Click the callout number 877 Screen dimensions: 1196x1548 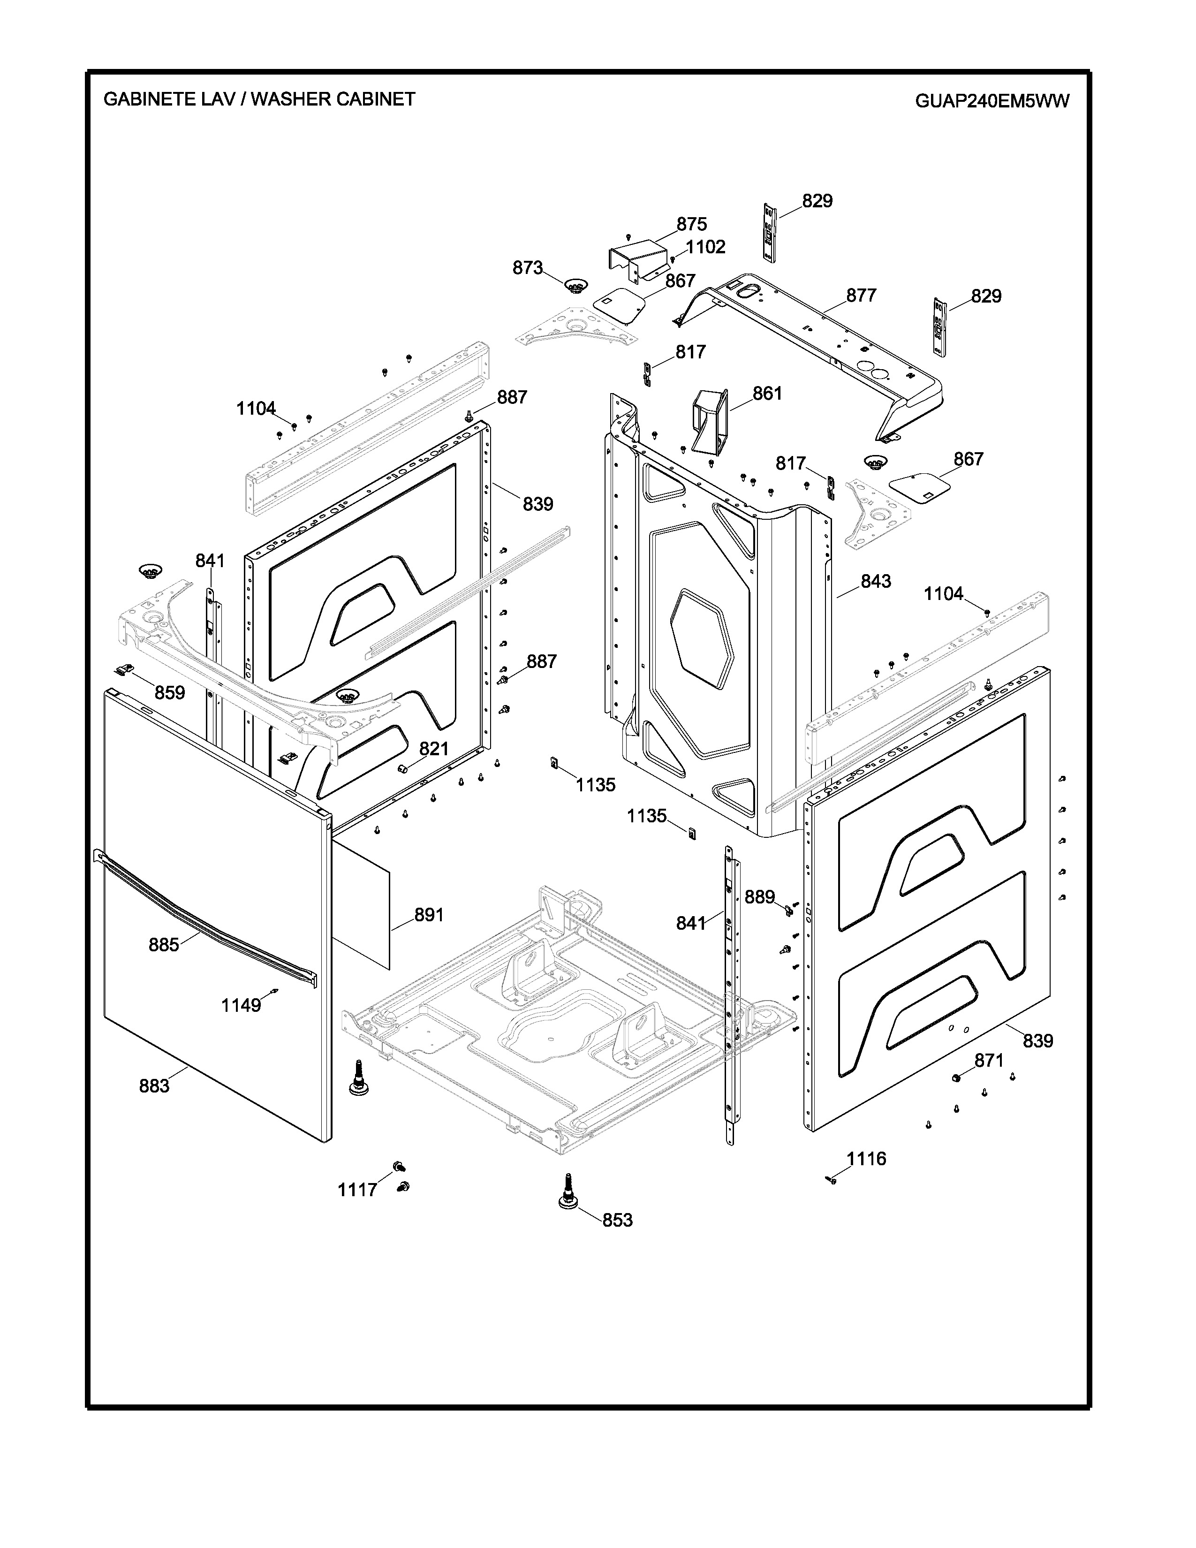(x=862, y=295)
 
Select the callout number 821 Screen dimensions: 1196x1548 (x=434, y=749)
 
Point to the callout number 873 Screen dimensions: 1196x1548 (x=528, y=268)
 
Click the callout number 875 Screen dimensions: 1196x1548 (x=691, y=224)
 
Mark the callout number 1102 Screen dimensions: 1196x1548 (x=706, y=247)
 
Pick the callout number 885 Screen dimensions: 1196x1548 (x=164, y=944)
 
